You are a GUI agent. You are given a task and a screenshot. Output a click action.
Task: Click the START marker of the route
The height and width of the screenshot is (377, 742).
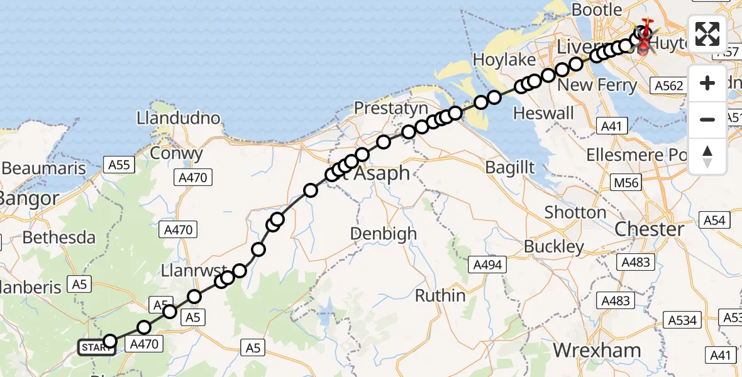pyautogui.click(x=97, y=347)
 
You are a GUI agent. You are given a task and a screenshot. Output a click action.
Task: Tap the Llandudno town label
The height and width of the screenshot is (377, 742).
pyautogui.click(x=179, y=118)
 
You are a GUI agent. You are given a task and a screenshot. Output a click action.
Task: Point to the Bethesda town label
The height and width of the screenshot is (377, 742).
pyautogui.click(x=59, y=238)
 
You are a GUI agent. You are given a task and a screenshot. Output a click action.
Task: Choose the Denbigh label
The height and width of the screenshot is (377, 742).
pyautogui.click(x=383, y=234)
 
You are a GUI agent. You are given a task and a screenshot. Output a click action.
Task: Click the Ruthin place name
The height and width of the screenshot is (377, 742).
pyautogui.click(x=440, y=295)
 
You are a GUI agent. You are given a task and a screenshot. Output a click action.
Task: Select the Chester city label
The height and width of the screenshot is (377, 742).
pyautogui.click(x=649, y=229)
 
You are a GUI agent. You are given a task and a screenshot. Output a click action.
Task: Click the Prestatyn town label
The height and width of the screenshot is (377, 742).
pyautogui.click(x=390, y=108)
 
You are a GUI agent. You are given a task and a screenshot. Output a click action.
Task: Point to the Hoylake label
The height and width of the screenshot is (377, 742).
pyautogui.click(x=504, y=60)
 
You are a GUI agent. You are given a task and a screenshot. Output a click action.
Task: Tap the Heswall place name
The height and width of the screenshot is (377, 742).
pyautogui.click(x=544, y=113)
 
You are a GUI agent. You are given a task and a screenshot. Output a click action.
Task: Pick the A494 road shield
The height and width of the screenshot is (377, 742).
pyautogui.click(x=487, y=265)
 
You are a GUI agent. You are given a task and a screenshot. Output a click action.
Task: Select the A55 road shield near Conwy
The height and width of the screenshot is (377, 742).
pyautogui.click(x=119, y=165)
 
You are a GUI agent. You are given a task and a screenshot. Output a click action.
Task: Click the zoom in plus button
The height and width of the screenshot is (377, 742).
pyautogui.click(x=707, y=83)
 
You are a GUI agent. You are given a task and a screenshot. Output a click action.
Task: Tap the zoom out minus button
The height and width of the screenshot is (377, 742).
pyautogui.click(x=707, y=119)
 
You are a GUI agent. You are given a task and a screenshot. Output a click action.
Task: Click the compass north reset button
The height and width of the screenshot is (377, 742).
pyautogui.click(x=707, y=156)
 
